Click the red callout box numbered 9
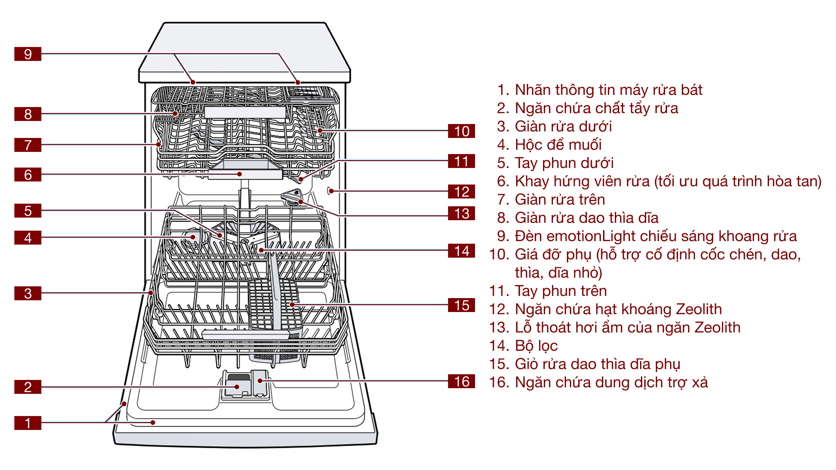[x=28, y=54]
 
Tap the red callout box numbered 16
[x=461, y=381]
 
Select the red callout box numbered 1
[x=28, y=423]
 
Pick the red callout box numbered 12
[x=461, y=191]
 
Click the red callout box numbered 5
[x=28, y=211]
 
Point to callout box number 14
[x=461, y=251]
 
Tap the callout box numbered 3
[x=28, y=293]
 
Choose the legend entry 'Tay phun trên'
[x=560, y=291]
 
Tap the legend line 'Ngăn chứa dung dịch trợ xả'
[x=611, y=382]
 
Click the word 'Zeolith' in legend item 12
[x=698, y=309]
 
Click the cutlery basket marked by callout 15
[x=292, y=305]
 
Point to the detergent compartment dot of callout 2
[x=237, y=386]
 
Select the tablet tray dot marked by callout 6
[x=239, y=174]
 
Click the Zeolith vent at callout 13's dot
[x=300, y=201]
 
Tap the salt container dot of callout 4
[x=193, y=237]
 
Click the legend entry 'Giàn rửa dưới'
[x=563, y=126]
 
